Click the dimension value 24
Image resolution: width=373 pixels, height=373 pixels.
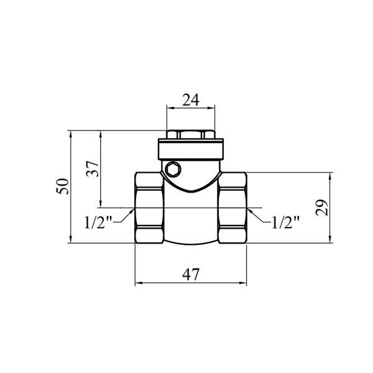point(191,100)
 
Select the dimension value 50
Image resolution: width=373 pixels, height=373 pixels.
point(63,186)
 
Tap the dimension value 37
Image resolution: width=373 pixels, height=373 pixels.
point(92,169)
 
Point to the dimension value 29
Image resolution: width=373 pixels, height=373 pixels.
point(321,208)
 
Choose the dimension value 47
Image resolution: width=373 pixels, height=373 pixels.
point(191,275)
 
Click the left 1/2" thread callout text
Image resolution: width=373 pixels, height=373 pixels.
point(98,222)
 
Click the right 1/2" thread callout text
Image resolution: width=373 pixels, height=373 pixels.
point(285,222)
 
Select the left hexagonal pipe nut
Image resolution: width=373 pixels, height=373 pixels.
point(149,208)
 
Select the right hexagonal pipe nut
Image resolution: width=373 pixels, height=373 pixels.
point(233,208)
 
